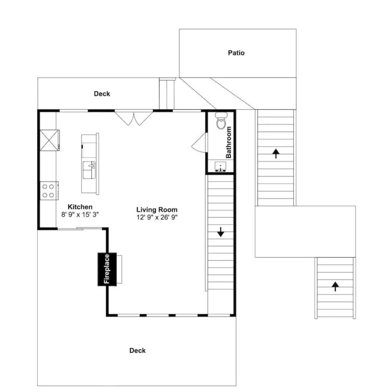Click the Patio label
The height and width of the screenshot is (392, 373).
(x=236, y=53)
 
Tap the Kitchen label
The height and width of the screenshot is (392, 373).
(x=80, y=207)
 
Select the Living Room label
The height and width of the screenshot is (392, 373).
(x=157, y=209)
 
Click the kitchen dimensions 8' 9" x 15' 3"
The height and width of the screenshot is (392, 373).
(x=80, y=214)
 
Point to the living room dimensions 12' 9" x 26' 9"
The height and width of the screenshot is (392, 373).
(x=157, y=217)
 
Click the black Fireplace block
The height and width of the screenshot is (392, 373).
(x=107, y=269)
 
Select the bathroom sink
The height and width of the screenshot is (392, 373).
(x=221, y=166)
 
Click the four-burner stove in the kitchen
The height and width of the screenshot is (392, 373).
(x=49, y=190)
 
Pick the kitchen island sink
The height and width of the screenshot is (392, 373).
(x=89, y=170)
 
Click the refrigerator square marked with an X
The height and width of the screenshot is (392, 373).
(x=50, y=140)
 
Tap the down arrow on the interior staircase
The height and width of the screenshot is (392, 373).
(x=221, y=232)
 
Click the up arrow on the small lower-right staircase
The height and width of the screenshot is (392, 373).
(x=335, y=286)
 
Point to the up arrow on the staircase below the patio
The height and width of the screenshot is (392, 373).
(x=276, y=154)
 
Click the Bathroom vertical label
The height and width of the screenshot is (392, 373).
(x=228, y=142)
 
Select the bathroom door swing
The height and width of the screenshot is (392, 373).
(x=199, y=142)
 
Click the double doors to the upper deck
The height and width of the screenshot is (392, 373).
(x=134, y=118)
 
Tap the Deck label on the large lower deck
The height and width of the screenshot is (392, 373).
(x=137, y=351)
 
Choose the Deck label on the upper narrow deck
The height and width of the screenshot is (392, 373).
(x=102, y=94)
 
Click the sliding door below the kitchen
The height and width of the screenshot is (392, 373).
(x=80, y=229)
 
